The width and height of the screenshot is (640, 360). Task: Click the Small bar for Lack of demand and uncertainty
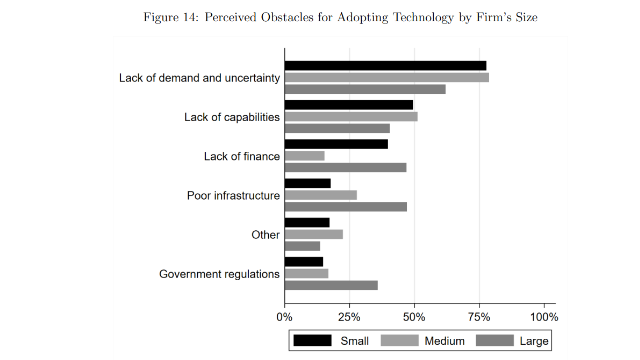pyautogui.click(x=385, y=66)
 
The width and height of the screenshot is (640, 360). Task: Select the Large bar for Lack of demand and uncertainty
pyautogui.click(x=365, y=89)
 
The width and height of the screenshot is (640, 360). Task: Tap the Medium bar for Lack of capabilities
pyautogui.click(x=351, y=117)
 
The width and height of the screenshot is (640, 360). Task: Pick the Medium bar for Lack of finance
pyautogui.click(x=304, y=156)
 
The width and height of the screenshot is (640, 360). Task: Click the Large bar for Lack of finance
pyautogui.click(x=345, y=168)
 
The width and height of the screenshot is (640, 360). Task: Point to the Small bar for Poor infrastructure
pyautogui.click(x=307, y=183)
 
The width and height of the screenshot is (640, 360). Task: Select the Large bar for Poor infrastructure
pyautogui.click(x=345, y=207)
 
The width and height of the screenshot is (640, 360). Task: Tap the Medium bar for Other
pyautogui.click(x=313, y=234)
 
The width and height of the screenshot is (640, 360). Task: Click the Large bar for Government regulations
pyautogui.click(x=331, y=285)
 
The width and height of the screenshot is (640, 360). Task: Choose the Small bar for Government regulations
pyautogui.click(x=304, y=262)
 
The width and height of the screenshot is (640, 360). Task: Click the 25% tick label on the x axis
pyautogui.click(x=349, y=317)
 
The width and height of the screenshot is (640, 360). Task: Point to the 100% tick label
pyautogui.click(x=544, y=317)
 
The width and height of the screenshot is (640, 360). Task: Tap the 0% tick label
pyautogui.click(x=285, y=317)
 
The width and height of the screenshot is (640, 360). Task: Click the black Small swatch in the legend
pyautogui.click(x=312, y=341)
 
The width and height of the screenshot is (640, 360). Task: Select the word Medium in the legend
pyautogui.click(x=444, y=341)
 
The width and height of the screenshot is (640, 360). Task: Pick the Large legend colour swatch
pyautogui.click(x=495, y=341)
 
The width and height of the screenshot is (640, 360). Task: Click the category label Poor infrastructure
pyautogui.click(x=233, y=196)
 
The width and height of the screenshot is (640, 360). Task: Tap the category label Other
pyautogui.click(x=265, y=235)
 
